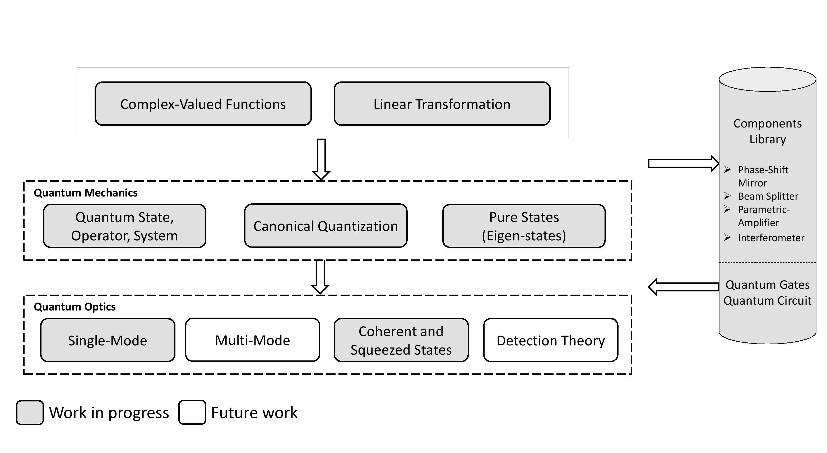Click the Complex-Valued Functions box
click(203, 104)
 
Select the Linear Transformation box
click(442, 104)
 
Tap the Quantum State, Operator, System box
click(124, 226)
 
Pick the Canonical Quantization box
click(326, 226)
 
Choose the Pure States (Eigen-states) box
click(524, 226)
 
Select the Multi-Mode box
click(252, 340)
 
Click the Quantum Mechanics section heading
click(86, 193)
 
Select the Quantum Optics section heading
click(75, 307)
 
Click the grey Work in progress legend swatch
click(30, 413)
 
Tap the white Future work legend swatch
click(192, 412)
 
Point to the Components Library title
click(767, 131)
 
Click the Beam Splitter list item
click(768, 196)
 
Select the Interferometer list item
click(771, 238)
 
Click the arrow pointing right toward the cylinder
click(683, 163)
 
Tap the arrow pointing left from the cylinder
click(684, 287)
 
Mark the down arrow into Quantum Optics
click(320, 277)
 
